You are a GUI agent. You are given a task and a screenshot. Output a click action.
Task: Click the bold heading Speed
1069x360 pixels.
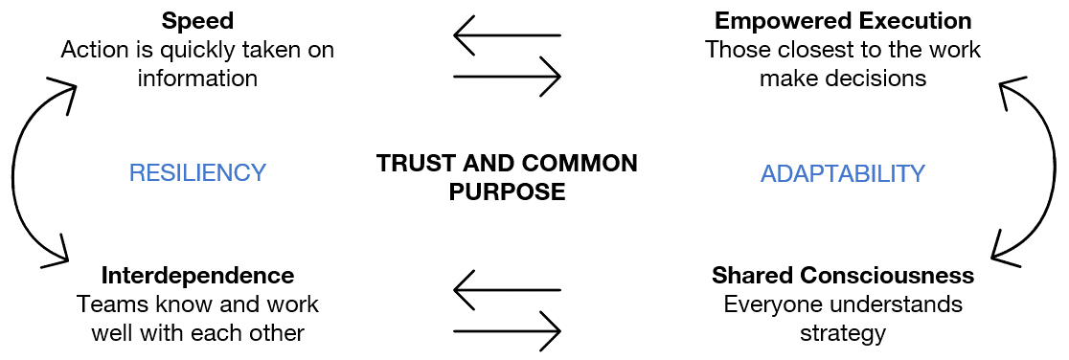pyautogui.click(x=197, y=21)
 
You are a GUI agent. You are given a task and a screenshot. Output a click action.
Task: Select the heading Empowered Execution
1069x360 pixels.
pyautogui.click(x=843, y=21)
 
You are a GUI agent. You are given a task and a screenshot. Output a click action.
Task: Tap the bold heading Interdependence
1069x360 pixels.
pyautogui.click(x=197, y=276)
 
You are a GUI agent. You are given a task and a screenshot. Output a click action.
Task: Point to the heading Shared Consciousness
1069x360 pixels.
pyautogui.click(x=843, y=276)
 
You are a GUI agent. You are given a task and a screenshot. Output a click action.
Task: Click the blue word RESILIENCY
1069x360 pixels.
pyautogui.click(x=197, y=173)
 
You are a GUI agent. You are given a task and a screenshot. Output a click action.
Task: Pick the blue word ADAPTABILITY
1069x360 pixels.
pyautogui.click(x=843, y=173)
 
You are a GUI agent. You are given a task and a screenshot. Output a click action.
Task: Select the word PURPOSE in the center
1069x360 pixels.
pyautogui.click(x=508, y=191)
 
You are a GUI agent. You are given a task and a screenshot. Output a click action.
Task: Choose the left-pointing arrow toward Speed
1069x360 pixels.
pyautogui.click(x=506, y=36)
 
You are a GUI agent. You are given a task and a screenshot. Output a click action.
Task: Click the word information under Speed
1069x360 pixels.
pyautogui.click(x=197, y=79)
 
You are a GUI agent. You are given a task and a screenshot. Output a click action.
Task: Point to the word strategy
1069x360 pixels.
pyautogui.click(x=843, y=333)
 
